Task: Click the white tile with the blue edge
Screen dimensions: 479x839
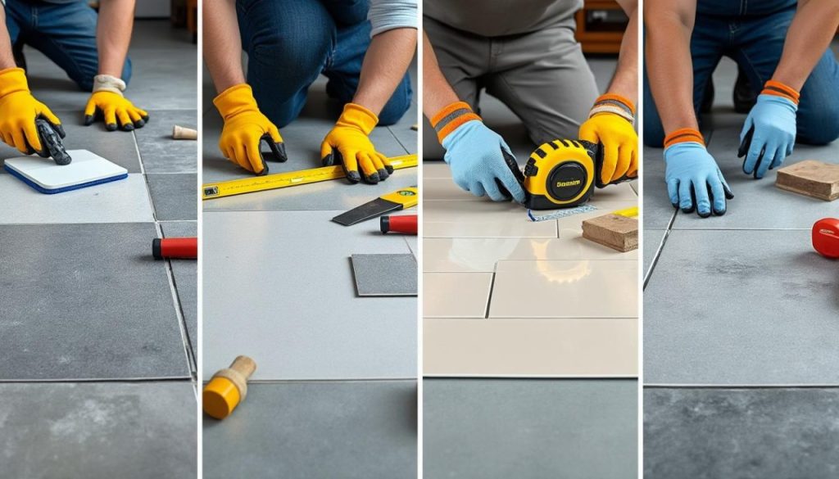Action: pyautogui.click(x=66, y=172)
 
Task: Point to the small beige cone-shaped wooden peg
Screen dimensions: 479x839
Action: pyautogui.click(x=184, y=132)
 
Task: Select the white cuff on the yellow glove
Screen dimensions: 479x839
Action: pyautogui.click(x=108, y=84)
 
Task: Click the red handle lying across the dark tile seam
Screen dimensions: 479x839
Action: pyautogui.click(x=175, y=248)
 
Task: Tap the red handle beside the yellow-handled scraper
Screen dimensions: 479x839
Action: pyautogui.click(x=399, y=224)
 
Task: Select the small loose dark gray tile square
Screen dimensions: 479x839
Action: pyautogui.click(x=383, y=274)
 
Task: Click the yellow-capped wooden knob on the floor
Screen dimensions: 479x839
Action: pyautogui.click(x=227, y=390)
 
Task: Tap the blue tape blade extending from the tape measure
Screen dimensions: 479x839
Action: pyautogui.click(x=562, y=214)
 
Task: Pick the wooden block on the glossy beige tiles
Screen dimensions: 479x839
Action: pyautogui.click(x=610, y=232)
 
